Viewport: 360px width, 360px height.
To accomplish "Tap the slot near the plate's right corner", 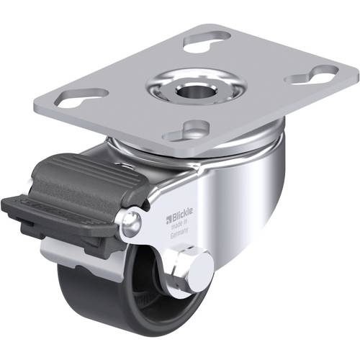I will pyautogui.click(x=311, y=75).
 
